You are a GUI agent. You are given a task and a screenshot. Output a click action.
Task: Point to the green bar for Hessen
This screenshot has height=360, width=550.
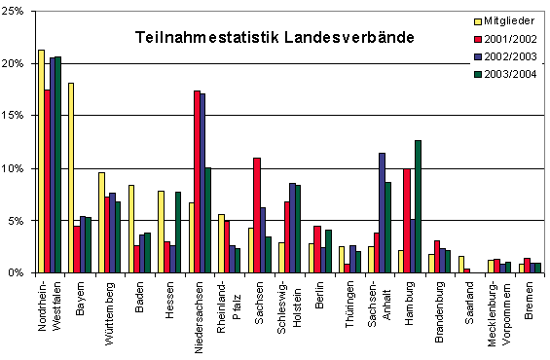178,233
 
